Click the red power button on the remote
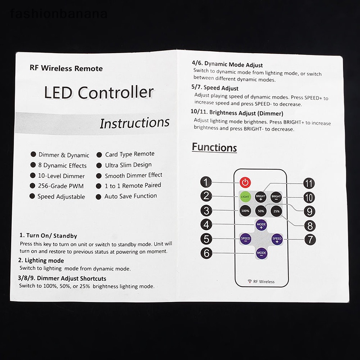pyautogui.click(x=244, y=183)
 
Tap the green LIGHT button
pyautogui.click(x=245, y=196)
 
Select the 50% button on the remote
pyautogui.click(x=261, y=210)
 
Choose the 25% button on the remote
pyautogui.click(x=276, y=210)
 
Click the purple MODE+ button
pyautogui.click(x=261, y=225)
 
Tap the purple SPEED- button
pyautogui.click(x=245, y=239)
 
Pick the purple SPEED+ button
pyautogui.click(x=277, y=239)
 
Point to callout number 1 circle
pyautogui.click(x=206, y=183)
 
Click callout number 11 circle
pyautogui.click(x=309, y=183)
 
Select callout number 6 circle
pyautogui.click(x=206, y=253)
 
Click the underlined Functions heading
pyautogui.click(x=214, y=147)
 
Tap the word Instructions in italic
pyautogui.click(x=134, y=123)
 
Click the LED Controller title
pyautogui.click(x=99, y=93)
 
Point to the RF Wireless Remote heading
pyautogui.click(x=66, y=69)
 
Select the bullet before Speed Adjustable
pyautogui.click(x=32, y=196)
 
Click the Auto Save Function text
pyautogui.click(x=130, y=196)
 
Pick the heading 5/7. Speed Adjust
pyautogui.click(x=215, y=88)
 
